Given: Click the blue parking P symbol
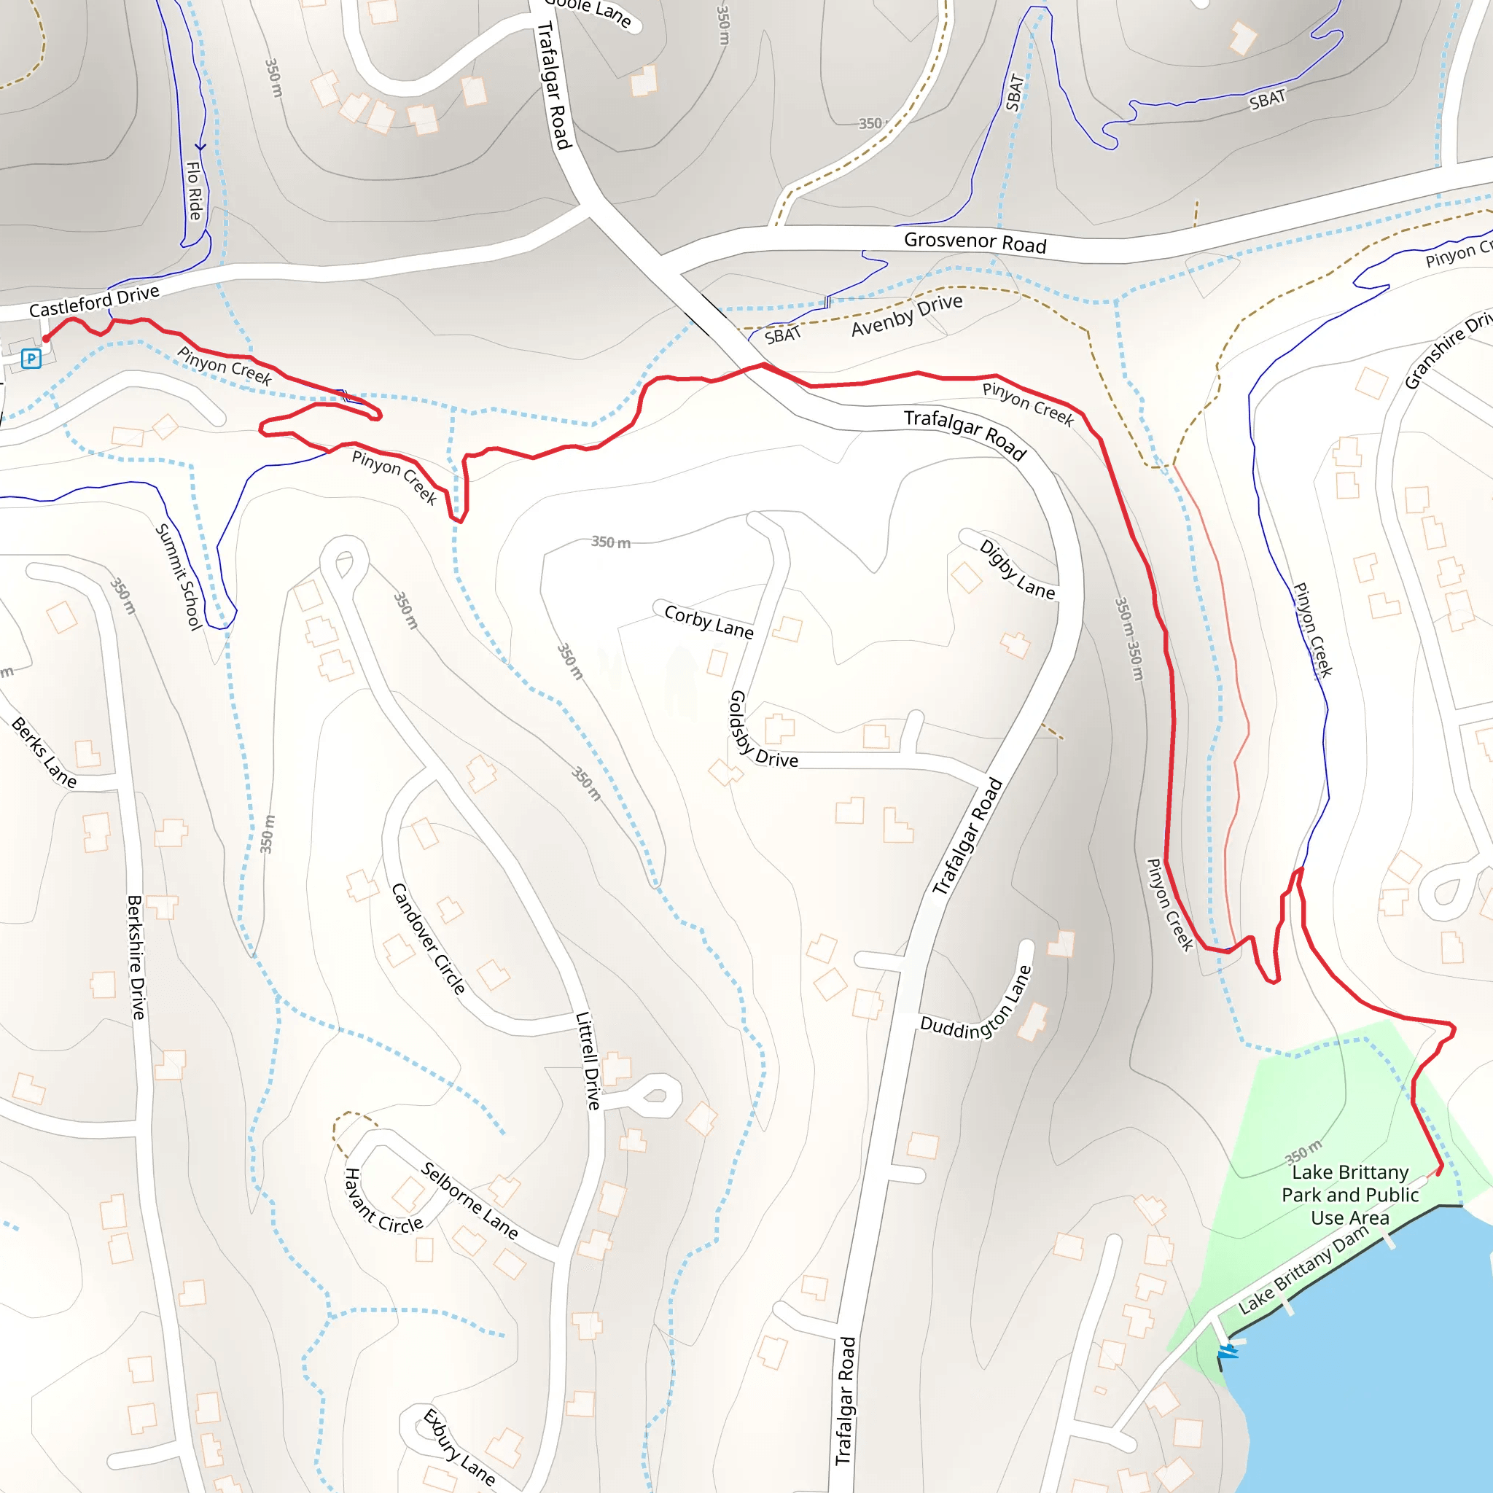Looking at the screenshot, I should [x=31, y=359].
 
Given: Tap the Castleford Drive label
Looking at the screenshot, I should [x=94, y=300].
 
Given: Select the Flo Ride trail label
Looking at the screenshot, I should [x=194, y=191].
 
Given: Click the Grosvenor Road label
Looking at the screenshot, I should [x=975, y=243].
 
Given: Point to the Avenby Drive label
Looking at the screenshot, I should [x=906, y=314].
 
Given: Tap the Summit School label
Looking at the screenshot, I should [x=179, y=577].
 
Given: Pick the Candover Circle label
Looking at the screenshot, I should [x=428, y=939].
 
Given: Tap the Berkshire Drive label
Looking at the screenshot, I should [x=136, y=956].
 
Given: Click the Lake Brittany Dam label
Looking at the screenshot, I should [x=1303, y=1271].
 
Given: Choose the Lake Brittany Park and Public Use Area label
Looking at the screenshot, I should [x=1349, y=1195].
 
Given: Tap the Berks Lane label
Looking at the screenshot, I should [x=44, y=752].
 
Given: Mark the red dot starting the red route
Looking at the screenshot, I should [x=47, y=338].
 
